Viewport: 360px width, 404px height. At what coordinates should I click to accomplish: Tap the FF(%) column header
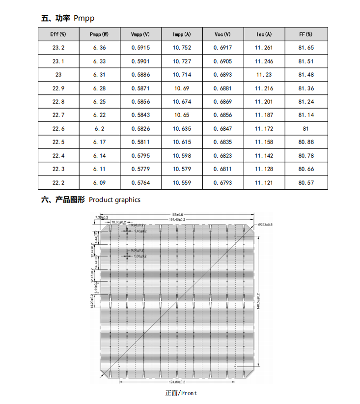pyautogui.click(x=305, y=34)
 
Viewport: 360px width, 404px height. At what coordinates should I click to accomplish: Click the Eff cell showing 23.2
pyautogui.click(x=58, y=48)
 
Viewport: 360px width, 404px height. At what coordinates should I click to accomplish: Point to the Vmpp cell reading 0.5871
pyautogui.click(x=140, y=88)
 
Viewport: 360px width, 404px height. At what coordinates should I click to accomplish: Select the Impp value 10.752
pyautogui.click(x=182, y=48)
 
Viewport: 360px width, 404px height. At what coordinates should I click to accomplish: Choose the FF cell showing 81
pyautogui.click(x=305, y=129)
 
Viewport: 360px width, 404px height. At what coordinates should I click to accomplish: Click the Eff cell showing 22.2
pyautogui.click(x=58, y=183)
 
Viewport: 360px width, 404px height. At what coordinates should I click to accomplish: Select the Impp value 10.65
pyautogui.click(x=182, y=115)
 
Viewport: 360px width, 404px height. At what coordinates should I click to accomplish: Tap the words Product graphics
pyautogui.click(x=114, y=200)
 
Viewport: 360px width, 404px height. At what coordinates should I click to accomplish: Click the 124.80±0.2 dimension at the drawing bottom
pyautogui.click(x=177, y=381)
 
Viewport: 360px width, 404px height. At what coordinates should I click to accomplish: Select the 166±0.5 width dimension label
pyautogui.click(x=177, y=214)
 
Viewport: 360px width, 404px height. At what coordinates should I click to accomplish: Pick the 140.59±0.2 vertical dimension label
pyautogui.click(x=258, y=301)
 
